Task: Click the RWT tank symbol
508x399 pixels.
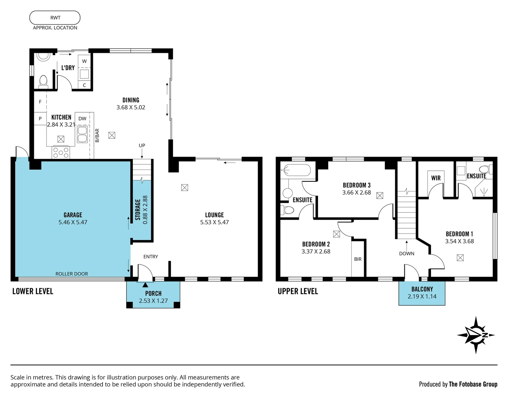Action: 55,18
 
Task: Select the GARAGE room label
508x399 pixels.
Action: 73,215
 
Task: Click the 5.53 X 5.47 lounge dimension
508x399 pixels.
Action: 214,222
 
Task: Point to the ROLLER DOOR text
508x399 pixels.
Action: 72,274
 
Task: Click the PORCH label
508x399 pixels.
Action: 153,294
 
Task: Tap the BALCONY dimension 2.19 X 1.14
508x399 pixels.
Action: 422,296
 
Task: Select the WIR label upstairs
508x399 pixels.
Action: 436,178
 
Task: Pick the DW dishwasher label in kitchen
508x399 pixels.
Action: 82,119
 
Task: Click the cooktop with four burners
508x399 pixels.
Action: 61,152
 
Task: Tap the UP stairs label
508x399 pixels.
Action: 142,146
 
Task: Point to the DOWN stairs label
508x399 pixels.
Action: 407,253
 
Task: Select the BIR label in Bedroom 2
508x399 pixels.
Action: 358,259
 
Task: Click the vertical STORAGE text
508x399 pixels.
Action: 138,210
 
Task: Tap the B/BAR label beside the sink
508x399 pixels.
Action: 97,135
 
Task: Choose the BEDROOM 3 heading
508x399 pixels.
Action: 356,185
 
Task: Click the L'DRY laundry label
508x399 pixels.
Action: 68,68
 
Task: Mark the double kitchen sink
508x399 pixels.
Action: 82,134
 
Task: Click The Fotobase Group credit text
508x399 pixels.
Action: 473,384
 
